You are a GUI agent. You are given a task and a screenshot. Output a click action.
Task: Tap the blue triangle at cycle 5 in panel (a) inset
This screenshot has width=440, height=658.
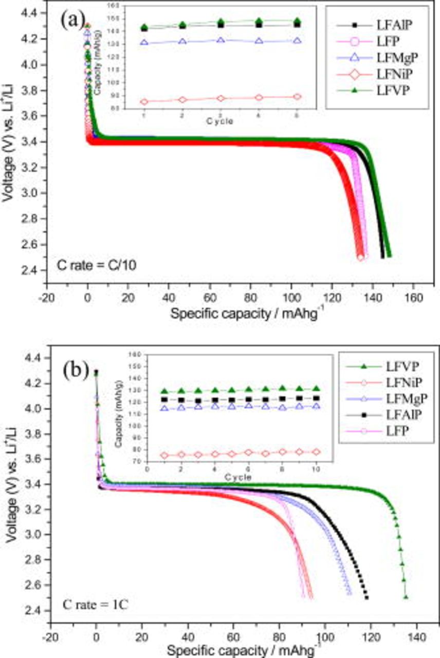pos(297,41)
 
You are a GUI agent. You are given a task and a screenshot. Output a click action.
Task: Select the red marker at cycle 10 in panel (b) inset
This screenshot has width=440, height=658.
pos(317,452)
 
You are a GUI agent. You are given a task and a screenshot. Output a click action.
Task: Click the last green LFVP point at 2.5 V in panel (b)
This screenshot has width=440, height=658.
pos(406,597)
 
